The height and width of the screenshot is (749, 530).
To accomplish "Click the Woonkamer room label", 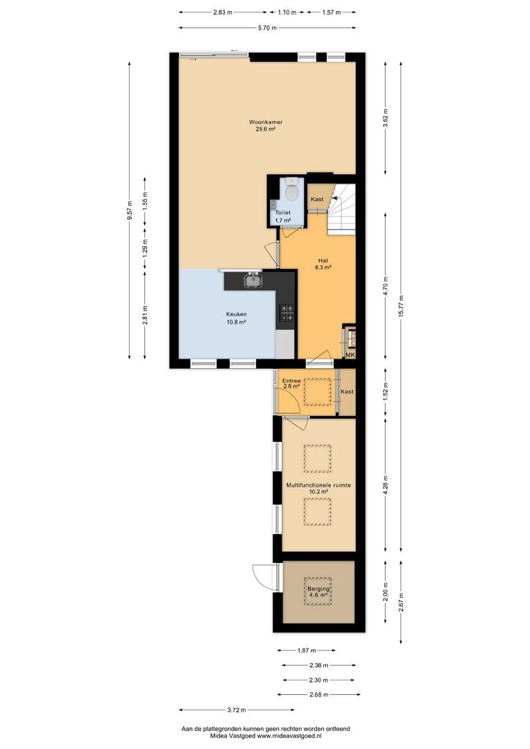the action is click(266, 122).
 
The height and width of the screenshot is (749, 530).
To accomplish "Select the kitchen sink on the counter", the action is click(253, 280).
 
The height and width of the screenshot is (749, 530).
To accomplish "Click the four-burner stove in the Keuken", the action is click(287, 313).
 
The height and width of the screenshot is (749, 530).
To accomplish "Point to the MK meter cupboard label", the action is click(350, 355).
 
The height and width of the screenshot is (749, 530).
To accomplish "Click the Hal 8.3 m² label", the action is click(323, 264).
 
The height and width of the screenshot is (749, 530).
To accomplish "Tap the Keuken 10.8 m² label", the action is click(237, 318).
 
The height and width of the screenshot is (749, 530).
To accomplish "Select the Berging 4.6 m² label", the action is click(318, 592).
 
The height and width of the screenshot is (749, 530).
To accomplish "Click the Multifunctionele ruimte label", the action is click(318, 485).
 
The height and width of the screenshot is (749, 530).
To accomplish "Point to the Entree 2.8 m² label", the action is click(291, 383).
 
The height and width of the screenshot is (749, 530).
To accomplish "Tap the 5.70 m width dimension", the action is click(267, 28).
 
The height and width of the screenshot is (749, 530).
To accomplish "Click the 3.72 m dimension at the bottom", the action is click(236, 710).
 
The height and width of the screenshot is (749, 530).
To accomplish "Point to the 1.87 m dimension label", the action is click(307, 650).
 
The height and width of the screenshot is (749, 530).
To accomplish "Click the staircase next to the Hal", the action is click(342, 209).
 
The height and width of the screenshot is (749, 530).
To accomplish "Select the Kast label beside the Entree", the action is click(347, 391).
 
